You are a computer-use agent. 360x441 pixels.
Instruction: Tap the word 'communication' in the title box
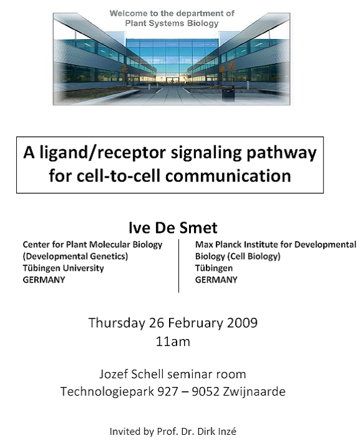(228, 176)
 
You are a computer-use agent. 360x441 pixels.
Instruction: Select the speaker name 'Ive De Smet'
(173, 227)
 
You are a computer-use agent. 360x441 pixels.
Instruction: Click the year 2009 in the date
(242, 322)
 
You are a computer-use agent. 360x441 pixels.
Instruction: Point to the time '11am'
(173, 342)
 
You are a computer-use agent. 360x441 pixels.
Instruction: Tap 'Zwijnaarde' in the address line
(254, 391)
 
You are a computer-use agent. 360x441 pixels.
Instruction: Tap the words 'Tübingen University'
(63, 268)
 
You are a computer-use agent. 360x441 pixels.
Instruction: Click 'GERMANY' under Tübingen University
(44, 280)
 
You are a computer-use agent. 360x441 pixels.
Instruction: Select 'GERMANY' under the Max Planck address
(216, 280)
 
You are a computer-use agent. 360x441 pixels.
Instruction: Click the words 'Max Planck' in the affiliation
(218, 244)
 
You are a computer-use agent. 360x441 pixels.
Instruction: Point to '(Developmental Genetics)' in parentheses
(75, 257)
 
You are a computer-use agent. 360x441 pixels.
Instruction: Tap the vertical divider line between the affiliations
(178, 266)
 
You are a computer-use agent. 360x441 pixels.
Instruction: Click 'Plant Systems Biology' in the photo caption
(172, 23)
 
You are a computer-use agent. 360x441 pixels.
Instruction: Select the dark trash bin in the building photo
(228, 94)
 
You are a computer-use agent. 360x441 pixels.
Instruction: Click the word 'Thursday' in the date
(116, 323)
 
